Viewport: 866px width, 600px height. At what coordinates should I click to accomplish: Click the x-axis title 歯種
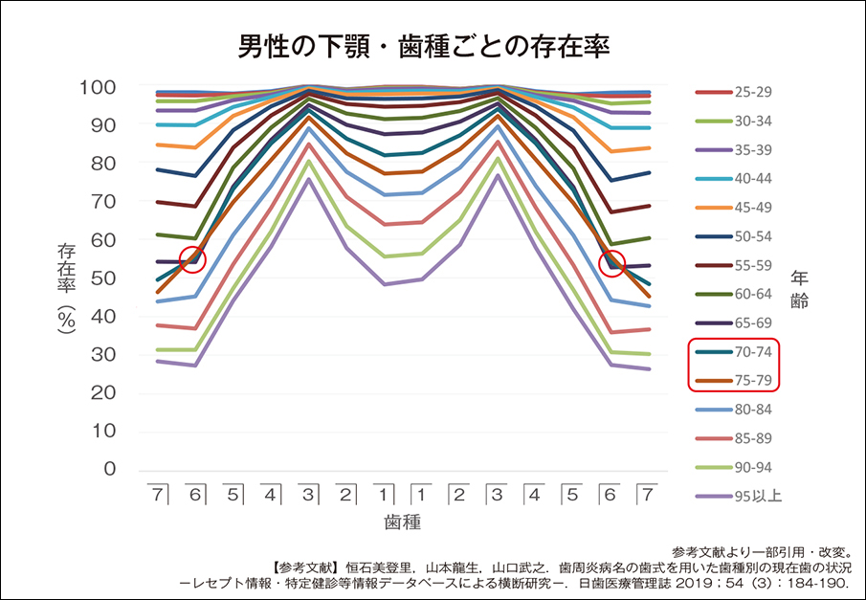[x=403, y=523]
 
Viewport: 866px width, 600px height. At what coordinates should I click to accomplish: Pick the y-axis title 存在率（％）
[x=67, y=287]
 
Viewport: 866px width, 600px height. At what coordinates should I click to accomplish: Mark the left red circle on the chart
[x=193, y=259]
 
